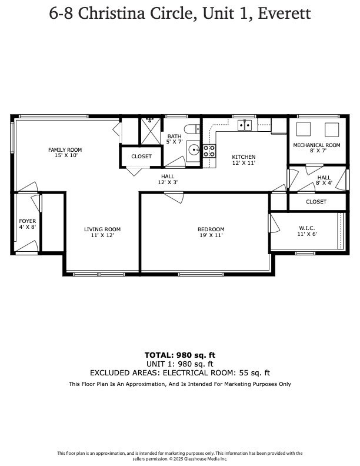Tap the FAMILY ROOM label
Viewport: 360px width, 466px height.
point(65,150)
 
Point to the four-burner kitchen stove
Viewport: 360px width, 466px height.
point(209,151)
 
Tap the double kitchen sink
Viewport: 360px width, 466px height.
point(245,125)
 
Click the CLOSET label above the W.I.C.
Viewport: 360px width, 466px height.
point(316,202)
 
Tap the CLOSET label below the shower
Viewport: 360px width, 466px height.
point(141,157)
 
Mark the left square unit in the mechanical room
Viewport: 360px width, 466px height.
point(304,129)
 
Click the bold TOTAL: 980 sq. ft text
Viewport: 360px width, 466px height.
point(179,355)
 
